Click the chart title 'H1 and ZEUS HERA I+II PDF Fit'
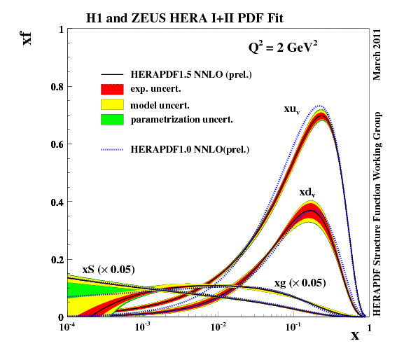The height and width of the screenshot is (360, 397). point(199,15)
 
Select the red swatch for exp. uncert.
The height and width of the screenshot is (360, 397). point(113,89)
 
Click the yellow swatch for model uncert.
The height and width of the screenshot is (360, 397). point(113,104)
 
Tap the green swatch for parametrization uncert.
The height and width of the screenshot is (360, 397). point(113,119)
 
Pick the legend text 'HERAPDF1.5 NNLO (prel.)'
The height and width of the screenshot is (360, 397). point(191,74)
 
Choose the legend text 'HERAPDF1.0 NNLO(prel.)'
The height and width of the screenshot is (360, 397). point(190,148)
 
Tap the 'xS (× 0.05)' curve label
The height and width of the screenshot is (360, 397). point(109,269)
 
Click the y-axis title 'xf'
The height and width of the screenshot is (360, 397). point(28,36)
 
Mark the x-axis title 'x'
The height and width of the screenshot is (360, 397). point(355,335)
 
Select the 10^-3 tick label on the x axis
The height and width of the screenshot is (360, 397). point(143,327)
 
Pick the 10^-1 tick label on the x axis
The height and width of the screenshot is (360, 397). point(294,327)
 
